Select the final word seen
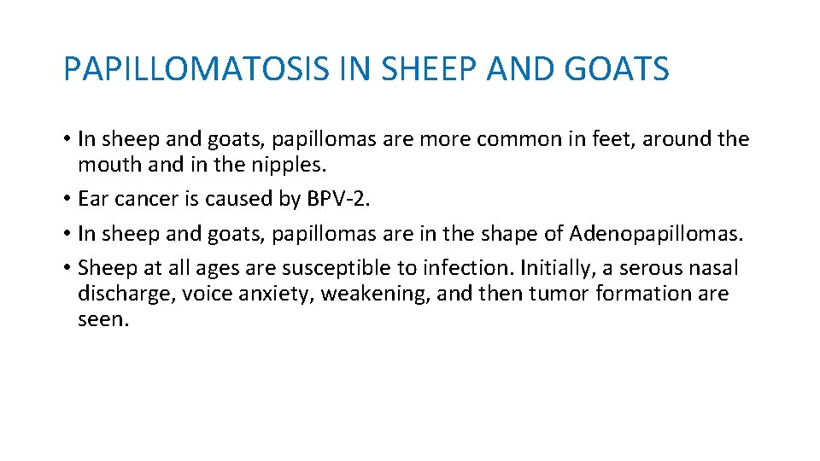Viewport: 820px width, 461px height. pos(102,320)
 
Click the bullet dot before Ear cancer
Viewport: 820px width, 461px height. pos(67,200)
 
